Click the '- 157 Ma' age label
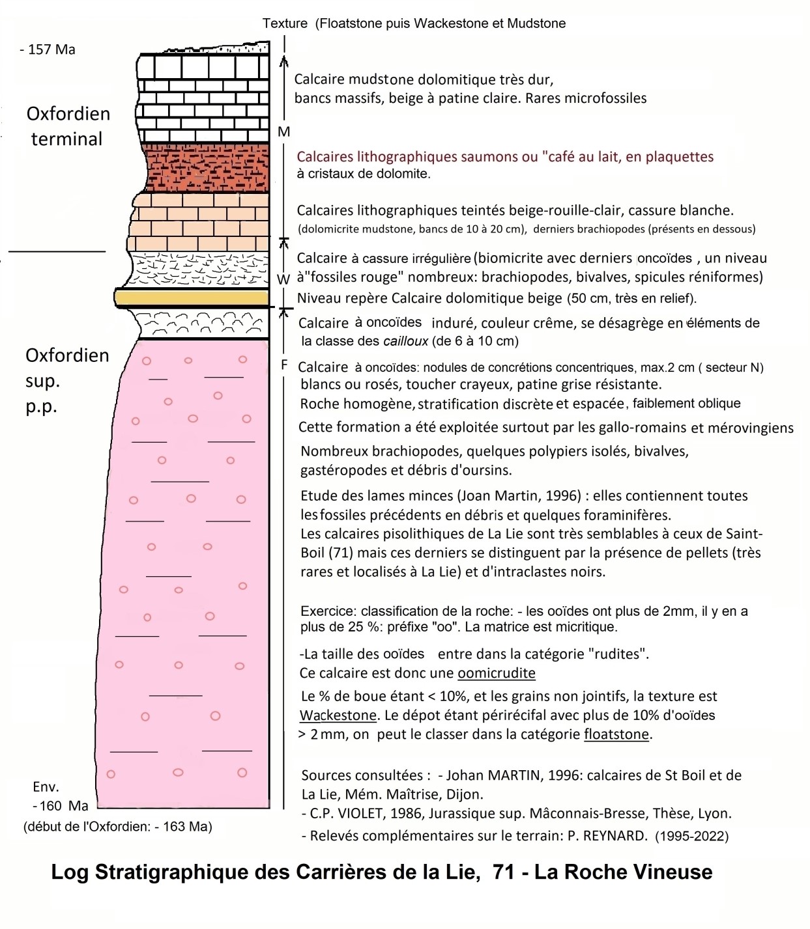pos(48,49)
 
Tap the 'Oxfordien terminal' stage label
pos(68,126)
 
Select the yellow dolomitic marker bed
pos(192,298)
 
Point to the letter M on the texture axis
pos(283,132)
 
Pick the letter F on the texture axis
pos(284,364)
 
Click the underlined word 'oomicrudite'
pos(497,672)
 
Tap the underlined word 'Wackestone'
pos(338,715)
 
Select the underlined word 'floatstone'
pos(616,734)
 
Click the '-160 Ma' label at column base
pos(61,805)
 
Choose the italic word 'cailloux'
pos(406,341)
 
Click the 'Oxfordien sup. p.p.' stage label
pos(67,380)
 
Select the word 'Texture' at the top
pos(285,23)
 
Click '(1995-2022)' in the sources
pos(692,836)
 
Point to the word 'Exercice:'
pos(328,611)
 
